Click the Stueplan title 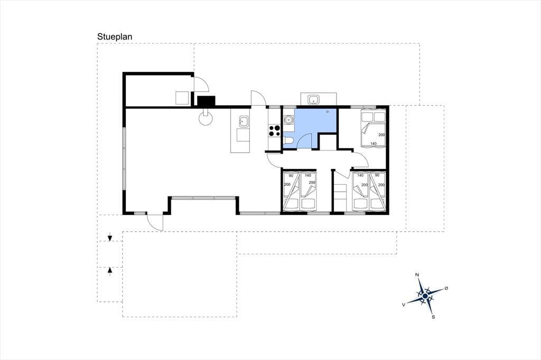click(115, 37)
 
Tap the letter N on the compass click(417, 275)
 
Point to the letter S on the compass click(433, 317)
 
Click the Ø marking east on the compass click(446, 288)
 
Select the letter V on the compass click(403, 305)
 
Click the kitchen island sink click(243, 122)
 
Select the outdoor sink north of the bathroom click(314, 100)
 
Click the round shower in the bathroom click(288, 120)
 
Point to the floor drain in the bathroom click(327, 112)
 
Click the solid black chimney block click(206, 101)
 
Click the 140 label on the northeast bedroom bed click(373, 144)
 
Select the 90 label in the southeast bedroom click(377, 175)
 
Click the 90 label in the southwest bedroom click(291, 176)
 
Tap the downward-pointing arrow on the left click(110, 238)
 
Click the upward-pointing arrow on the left click(110, 271)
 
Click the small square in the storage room click(182, 98)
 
